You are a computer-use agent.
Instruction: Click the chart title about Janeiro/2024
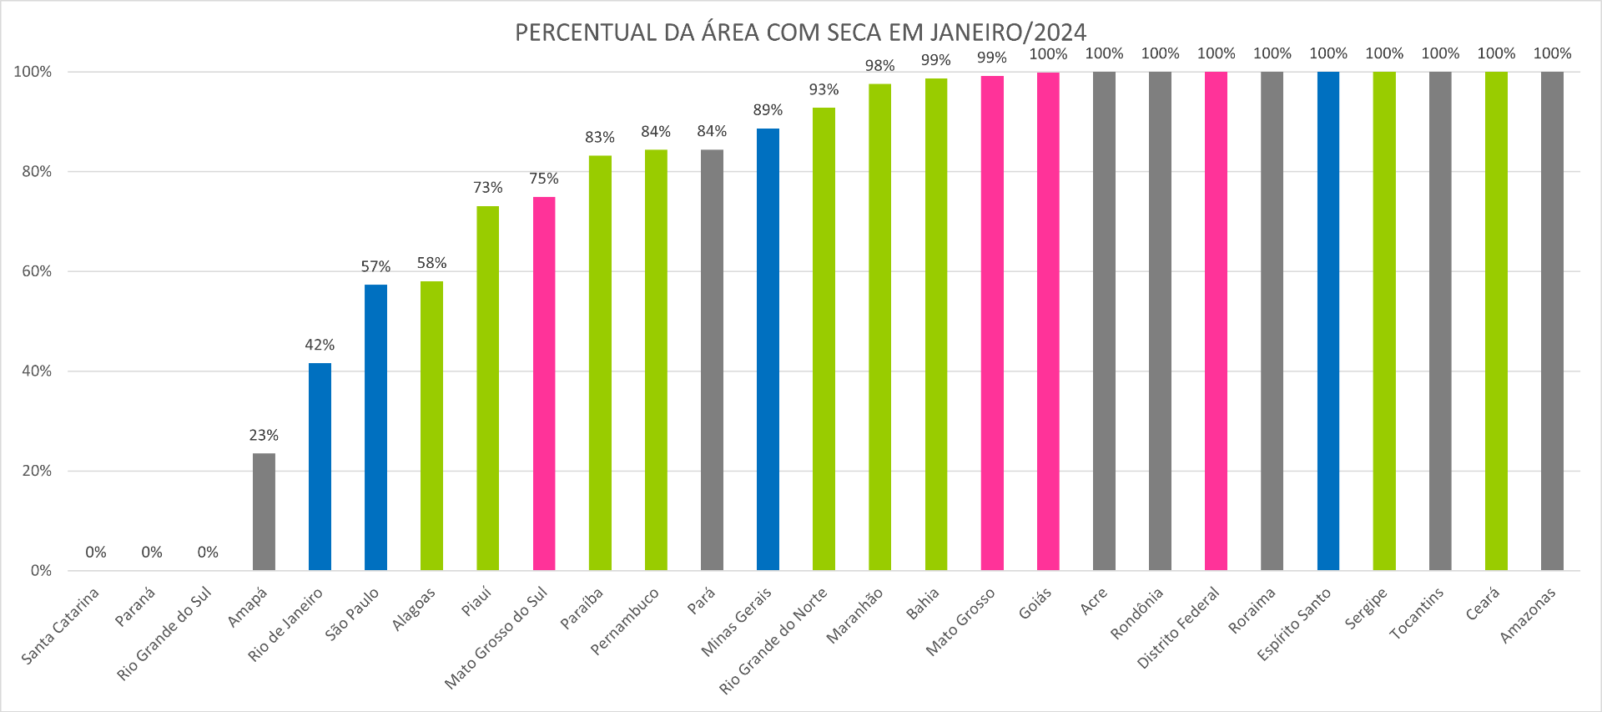pos(800,32)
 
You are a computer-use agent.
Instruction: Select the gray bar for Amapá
pos(264,512)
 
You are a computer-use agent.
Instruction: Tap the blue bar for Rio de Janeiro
pos(320,467)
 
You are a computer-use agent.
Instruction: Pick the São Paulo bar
pos(375,427)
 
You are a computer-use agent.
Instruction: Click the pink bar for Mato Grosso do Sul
pos(544,383)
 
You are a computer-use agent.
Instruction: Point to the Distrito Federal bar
pos(1216,321)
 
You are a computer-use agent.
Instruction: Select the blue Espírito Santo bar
pos(1327,321)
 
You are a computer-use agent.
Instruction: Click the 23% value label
pos(264,435)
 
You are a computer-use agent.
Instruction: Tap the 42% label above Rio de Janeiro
pos(320,345)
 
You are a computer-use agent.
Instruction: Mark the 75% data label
pos(544,179)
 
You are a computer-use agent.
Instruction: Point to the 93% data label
pos(824,89)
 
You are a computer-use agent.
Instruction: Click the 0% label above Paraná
pos(152,552)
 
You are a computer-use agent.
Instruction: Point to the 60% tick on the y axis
pos(37,271)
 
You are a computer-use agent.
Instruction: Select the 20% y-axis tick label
pos(37,471)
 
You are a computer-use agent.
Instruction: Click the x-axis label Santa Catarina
pos(60,626)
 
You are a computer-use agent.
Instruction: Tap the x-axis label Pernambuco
pos(625,621)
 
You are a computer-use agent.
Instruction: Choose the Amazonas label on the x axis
pos(1528,616)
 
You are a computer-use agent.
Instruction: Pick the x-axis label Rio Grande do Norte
pos(773,640)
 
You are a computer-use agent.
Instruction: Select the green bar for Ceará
pos(1496,321)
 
